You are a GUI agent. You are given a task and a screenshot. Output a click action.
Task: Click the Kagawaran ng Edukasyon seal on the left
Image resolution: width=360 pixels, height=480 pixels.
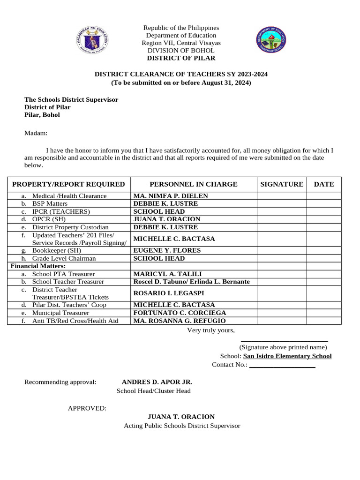[92, 39]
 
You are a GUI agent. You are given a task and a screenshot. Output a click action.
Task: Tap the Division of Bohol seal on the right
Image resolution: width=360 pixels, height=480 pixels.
[270, 39]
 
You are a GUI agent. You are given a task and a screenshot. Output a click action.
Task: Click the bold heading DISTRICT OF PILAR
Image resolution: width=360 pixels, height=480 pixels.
[181, 58]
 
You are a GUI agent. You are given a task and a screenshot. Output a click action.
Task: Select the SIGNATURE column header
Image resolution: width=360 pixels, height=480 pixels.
[282, 184]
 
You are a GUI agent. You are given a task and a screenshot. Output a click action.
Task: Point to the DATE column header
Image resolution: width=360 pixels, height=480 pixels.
[324, 184]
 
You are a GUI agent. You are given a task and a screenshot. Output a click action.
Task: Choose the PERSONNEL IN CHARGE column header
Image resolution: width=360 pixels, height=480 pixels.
[193, 184]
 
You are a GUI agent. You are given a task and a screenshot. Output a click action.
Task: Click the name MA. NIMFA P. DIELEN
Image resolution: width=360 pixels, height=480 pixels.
[171, 196]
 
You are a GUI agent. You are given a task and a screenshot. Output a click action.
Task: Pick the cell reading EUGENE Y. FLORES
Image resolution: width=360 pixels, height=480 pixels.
[167, 250]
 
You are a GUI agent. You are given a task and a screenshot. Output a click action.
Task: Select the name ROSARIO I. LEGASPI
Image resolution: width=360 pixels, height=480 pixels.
[169, 293]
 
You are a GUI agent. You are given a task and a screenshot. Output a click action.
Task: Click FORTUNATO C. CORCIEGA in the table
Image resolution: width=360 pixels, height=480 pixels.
[180, 313]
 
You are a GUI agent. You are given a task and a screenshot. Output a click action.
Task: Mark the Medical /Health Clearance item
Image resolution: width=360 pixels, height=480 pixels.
[69, 196]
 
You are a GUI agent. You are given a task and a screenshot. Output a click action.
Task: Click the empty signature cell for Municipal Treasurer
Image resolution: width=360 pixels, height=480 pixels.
[282, 313]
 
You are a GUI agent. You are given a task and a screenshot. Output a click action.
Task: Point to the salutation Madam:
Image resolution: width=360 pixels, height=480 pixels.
[36, 133]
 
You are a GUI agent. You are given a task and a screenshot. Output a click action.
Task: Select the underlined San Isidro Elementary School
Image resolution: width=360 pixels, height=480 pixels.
[287, 356]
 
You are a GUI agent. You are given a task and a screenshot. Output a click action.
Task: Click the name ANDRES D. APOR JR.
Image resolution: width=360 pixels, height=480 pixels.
[157, 382]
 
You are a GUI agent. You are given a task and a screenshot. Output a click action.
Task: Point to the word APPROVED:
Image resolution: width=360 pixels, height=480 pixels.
[87, 408]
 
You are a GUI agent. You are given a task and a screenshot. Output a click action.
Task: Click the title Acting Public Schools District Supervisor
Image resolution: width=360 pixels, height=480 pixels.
[182, 426]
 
